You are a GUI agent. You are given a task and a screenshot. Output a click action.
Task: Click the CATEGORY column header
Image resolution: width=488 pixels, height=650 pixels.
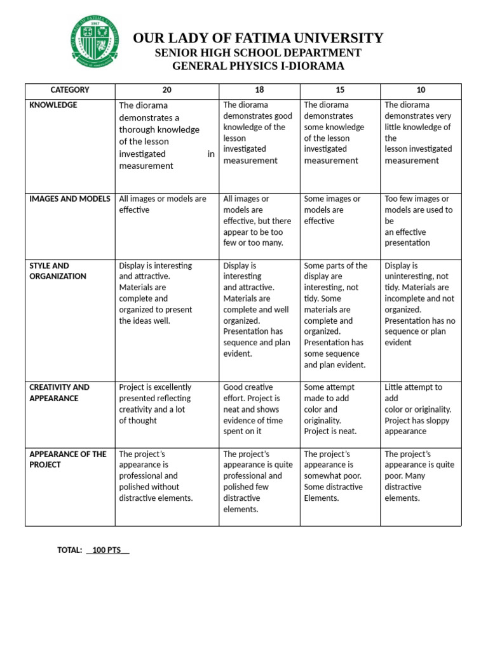tap(70, 90)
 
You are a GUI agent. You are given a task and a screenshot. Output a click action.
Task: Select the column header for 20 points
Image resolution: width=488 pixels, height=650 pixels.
tap(167, 90)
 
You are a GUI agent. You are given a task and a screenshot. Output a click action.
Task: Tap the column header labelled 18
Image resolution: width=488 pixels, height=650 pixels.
tap(259, 90)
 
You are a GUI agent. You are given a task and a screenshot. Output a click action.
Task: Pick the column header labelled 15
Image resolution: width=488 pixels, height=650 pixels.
tap(340, 90)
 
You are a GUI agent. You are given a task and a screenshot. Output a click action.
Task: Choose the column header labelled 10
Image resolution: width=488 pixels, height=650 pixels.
tap(421, 90)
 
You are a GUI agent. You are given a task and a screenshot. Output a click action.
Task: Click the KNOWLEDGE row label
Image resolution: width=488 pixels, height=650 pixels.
tap(53, 105)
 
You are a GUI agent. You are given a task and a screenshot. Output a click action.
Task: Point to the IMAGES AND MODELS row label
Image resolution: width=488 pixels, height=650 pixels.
tap(70, 199)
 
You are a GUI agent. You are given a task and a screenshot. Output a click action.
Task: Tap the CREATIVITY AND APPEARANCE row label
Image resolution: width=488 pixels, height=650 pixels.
tap(59, 392)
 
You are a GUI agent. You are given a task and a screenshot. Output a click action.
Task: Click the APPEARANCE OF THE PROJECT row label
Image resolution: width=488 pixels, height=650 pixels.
tap(68, 459)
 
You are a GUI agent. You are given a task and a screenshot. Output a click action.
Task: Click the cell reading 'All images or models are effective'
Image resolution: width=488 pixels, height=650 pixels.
tap(163, 204)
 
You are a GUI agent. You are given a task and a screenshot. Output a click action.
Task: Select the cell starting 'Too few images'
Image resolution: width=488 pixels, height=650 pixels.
tap(418, 220)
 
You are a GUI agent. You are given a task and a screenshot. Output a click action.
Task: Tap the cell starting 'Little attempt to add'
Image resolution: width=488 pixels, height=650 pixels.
tap(417, 409)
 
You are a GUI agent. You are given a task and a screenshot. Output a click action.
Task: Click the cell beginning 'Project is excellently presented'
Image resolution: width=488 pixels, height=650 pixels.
tap(155, 404)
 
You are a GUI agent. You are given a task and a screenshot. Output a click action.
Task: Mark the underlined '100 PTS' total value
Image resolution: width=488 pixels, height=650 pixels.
tap(107, 550)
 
